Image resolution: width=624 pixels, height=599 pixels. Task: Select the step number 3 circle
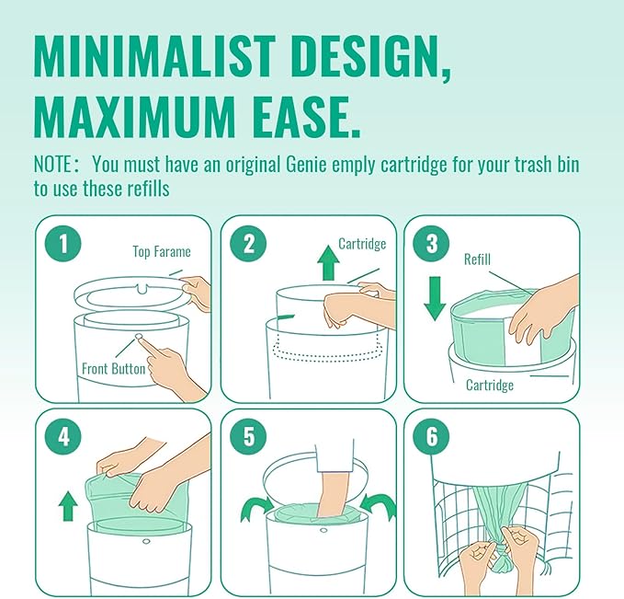pos(432,245)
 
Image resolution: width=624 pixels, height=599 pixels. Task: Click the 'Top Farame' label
pos(163,251)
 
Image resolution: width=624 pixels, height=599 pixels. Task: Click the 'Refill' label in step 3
pos(476,259)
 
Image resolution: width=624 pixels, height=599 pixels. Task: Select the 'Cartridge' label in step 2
pos(361,244)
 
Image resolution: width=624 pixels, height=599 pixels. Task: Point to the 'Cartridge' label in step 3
pos(489,385)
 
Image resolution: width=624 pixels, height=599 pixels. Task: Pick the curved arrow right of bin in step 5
pos(377,505)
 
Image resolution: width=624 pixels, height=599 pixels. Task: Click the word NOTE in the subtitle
pos(57,166)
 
